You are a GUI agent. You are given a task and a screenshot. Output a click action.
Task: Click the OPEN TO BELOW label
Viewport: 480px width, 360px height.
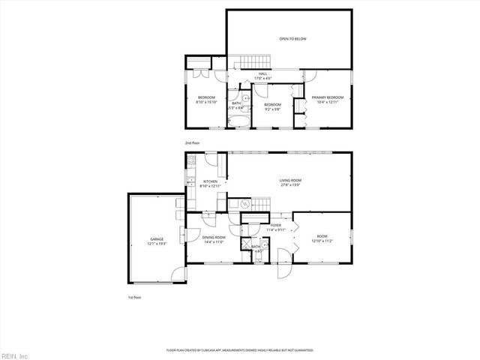coord(292,38)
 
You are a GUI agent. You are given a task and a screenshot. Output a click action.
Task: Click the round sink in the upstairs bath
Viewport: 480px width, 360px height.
coord(245,98)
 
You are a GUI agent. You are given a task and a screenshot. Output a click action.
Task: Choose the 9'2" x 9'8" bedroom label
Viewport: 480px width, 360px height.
coord(271,109)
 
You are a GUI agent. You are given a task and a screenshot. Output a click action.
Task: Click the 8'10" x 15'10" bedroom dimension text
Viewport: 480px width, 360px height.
coord(206,102)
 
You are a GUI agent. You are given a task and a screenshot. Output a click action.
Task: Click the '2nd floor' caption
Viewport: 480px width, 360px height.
coord(193,142)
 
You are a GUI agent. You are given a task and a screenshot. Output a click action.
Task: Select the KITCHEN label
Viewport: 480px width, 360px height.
coord(210,181)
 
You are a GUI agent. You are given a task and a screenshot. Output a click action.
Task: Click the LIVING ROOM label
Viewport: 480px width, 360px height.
coord(290,180)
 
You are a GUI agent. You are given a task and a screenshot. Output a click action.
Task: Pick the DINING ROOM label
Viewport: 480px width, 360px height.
coord(214,238)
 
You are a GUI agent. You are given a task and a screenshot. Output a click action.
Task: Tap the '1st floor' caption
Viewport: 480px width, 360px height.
coord(133,297)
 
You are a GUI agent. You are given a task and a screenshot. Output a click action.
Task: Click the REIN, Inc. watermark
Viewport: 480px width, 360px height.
coord(15,355)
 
